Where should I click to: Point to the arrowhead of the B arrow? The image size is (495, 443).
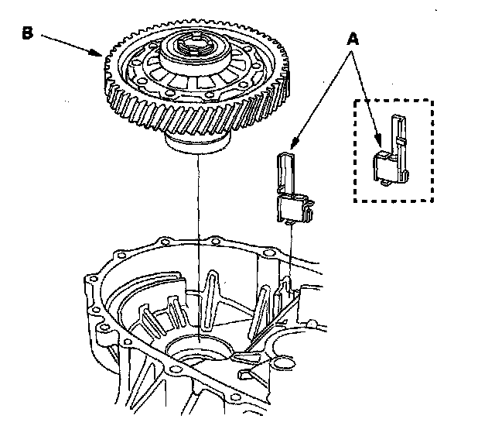pos(101,53)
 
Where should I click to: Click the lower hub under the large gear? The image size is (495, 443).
pos(198,143)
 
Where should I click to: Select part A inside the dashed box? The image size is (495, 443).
pos(391,155)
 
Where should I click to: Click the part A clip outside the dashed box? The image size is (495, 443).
pos(292,194)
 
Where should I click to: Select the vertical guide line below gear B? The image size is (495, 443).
pos(199,232)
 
